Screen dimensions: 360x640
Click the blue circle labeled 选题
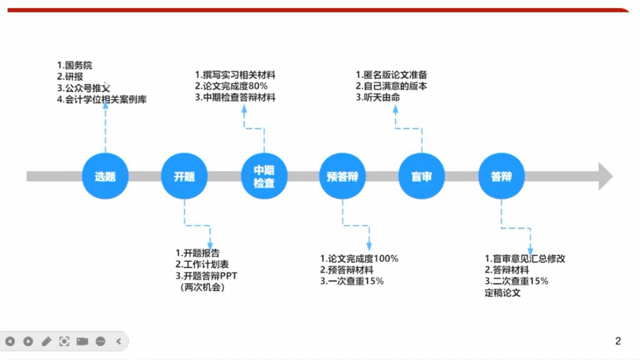coord(105,176)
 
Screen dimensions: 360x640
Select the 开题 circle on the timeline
coord(184,176)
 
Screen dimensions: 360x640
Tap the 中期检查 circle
coord(264,176)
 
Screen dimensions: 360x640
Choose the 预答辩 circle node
coord(342,176)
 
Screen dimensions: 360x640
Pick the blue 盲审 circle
coord(422,176)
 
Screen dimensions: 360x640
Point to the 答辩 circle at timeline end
coord(501,176)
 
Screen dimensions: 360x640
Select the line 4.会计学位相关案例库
coord(101,99)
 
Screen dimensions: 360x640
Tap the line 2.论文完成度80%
coord(232,86)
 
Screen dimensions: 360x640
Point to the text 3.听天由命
coord(377,97)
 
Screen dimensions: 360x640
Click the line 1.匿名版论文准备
coord(391,75)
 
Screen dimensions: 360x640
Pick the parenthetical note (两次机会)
coord(201,287)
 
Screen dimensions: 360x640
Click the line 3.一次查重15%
coord(352,281)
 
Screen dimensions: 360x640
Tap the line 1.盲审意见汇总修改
coord(525,259)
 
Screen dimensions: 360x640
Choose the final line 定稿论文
coord(502,292)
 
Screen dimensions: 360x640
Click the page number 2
coord(618,341)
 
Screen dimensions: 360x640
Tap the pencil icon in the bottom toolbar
coord(46,341)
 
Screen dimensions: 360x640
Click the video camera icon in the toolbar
coord(82,341)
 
